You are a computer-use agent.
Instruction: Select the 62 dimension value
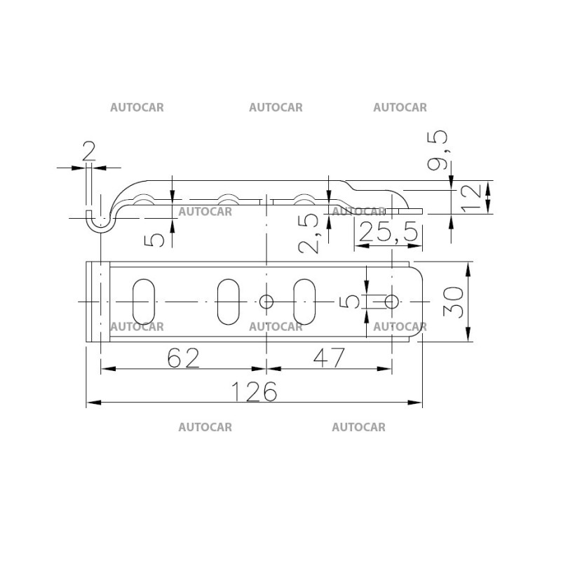tap(184, 358)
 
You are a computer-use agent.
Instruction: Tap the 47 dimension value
tap(330, 358)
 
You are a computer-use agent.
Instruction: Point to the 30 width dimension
tap(454, 302)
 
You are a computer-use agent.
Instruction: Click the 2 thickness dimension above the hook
tap(88, 152)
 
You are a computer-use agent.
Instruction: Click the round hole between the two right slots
tap(266, 302)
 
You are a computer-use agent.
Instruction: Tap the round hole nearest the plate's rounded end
tap(391, 302)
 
